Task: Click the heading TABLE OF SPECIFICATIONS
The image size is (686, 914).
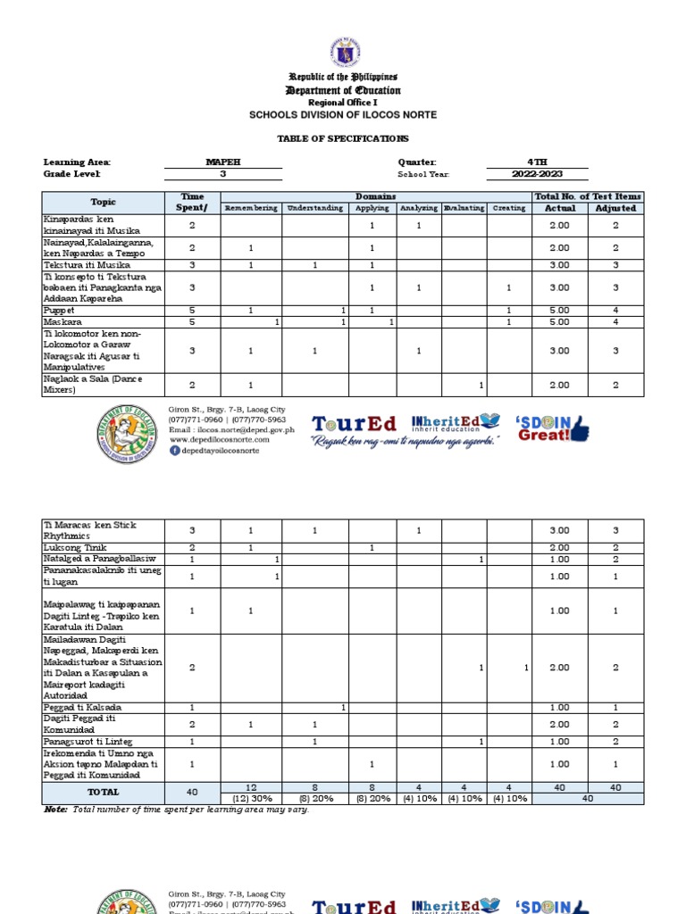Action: point(343,138)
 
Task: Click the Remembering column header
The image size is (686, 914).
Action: point(251,208)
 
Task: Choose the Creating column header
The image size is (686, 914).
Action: point(508,208)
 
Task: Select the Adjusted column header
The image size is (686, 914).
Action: point(615,208)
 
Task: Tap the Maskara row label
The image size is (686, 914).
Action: point(62,321)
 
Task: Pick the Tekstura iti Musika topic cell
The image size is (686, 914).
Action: point(87,265)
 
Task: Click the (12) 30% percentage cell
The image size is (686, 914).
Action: point(251,798)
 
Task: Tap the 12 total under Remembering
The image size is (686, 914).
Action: point(251,786)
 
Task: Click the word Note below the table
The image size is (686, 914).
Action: point(55,809)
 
